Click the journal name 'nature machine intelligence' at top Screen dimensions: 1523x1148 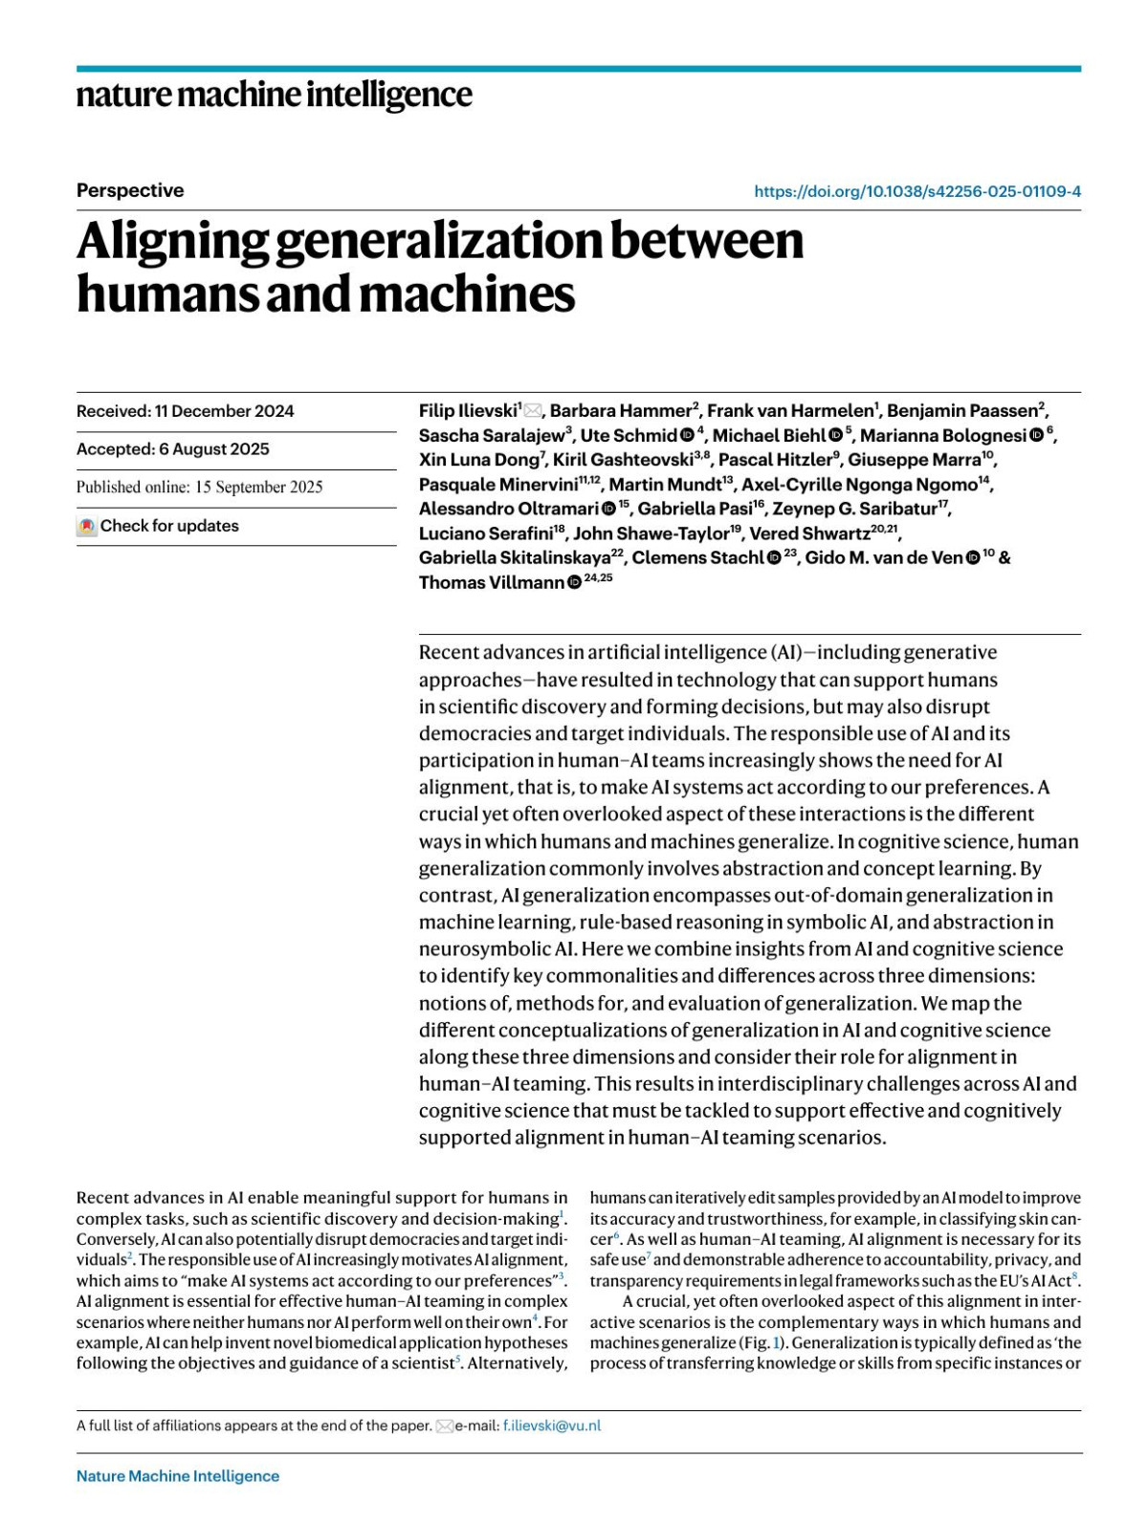(274, 96)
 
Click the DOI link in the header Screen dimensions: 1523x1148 (916, 191)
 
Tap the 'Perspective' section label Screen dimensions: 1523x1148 (130, 190)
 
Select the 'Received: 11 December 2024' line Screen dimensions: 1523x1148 (186, 411)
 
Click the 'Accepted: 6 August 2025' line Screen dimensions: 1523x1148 (173, 449)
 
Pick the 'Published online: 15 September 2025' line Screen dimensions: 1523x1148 (200, 487)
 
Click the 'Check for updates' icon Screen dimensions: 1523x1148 (87, 527)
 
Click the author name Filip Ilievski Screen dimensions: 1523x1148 (467, 411)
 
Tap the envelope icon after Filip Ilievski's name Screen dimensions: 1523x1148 (533, 411)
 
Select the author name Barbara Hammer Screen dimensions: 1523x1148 (620, 411)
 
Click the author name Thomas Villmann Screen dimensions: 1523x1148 (491, 582)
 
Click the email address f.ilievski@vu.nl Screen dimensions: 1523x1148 (552, 1425)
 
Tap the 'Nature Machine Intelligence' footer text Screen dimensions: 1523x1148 (178, 1476)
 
